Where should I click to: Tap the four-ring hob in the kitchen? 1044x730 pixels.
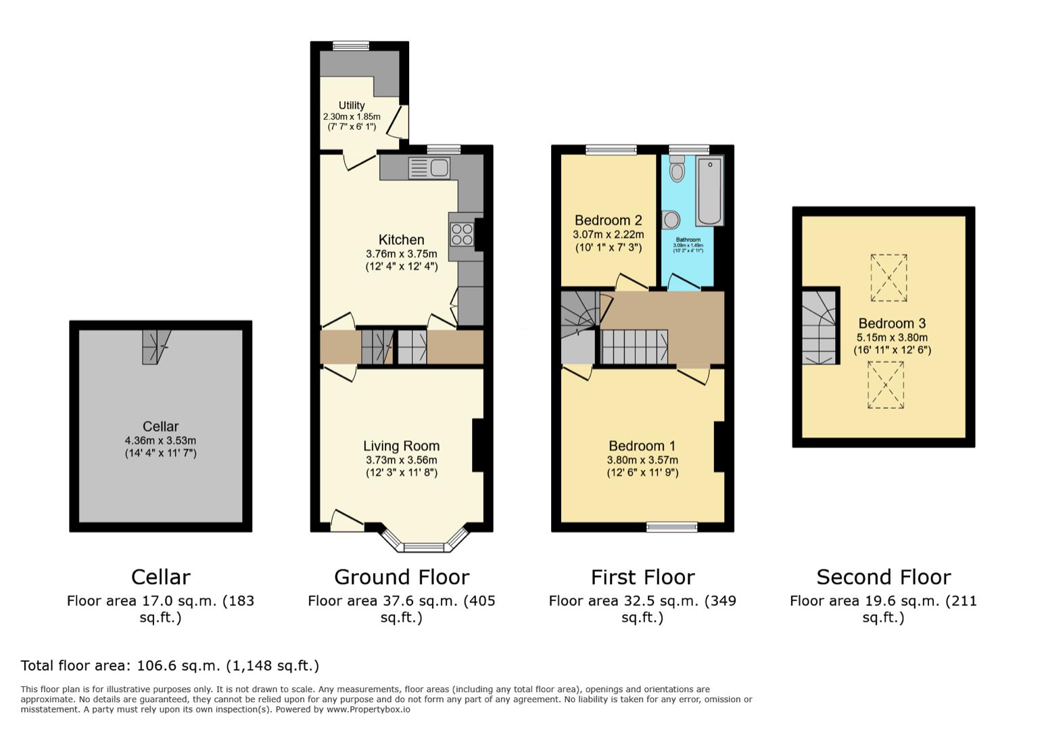tap(462, 233)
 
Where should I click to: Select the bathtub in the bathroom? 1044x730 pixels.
tap(710, 191)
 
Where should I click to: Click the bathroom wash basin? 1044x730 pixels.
tap(671, 220)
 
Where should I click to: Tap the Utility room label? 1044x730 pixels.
tap(352, 105)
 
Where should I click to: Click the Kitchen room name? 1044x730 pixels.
tap(401, 240)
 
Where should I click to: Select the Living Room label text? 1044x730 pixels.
tap(401, 446)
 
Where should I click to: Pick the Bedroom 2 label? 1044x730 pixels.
tap(608, 220)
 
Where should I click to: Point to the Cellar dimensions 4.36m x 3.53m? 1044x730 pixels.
tap(160, 441)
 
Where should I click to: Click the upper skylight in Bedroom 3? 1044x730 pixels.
tap(888, 278)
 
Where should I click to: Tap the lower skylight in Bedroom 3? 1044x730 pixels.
tap(886, 385)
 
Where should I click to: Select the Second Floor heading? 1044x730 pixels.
tap(883, 577)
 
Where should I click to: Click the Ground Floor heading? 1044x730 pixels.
tap(401, 577)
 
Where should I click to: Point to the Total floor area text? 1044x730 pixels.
tap(170, 666)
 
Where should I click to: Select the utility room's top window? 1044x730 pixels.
tap(351, 46)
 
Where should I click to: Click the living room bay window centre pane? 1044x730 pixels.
tap(424, 547)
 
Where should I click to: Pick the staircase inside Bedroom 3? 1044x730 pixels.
tap(819, 327)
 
